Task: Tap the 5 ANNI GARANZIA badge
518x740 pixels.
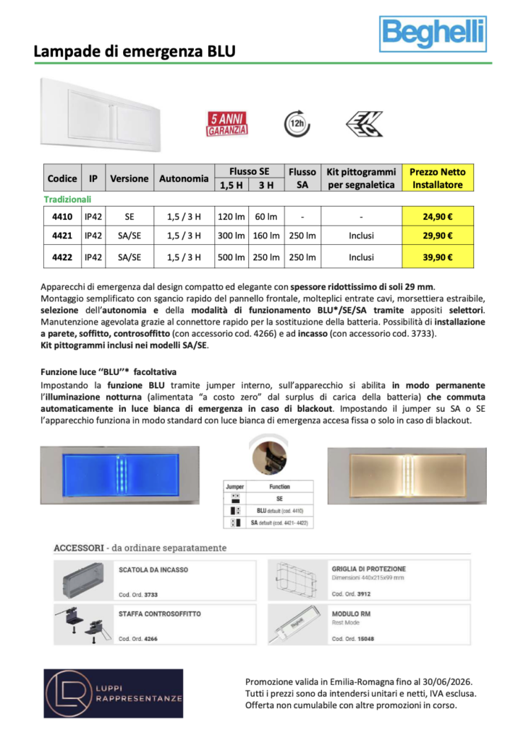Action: (228, 124)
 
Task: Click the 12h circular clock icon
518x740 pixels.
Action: (296, 123)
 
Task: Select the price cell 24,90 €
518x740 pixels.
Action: (438, 215)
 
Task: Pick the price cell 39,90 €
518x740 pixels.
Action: (438, 257)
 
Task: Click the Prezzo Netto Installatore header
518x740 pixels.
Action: (438, 178)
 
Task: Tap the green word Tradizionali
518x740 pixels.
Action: (67, 199)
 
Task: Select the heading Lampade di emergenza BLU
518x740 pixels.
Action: (135, 51)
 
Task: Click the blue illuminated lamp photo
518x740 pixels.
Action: (119, 474)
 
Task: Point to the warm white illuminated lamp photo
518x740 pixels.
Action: (404, 474)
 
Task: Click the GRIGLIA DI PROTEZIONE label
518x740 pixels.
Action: (368, 569)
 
